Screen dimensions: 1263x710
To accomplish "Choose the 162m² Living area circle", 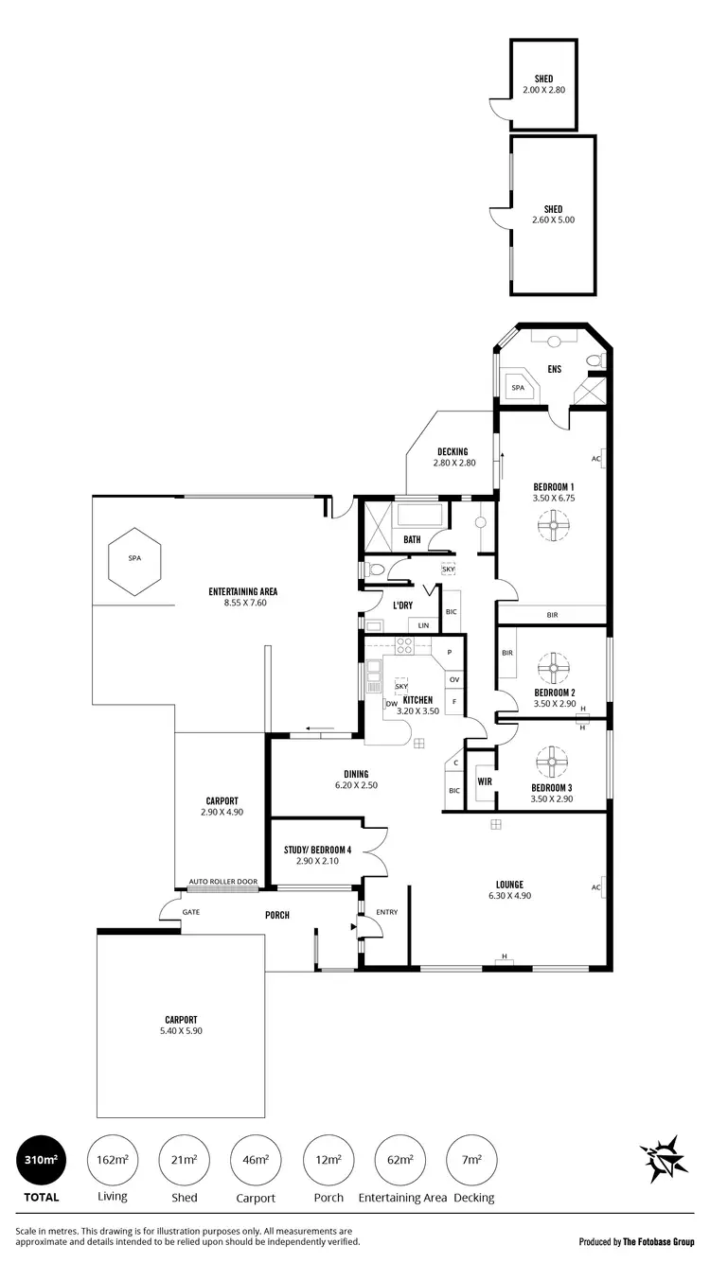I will tap(112, 1160).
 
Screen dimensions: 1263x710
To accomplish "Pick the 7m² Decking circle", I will tap(471, 1160).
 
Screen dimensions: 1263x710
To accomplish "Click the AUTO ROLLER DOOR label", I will tap(222, 882).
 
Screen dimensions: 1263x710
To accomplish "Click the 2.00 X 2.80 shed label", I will tap(543, 90).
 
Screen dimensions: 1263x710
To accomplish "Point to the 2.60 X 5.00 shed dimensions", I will tap(553, 220).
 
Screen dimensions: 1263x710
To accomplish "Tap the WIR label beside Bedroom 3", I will tap(484, 781).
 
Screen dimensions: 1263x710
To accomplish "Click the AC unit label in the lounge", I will tap(595, 886).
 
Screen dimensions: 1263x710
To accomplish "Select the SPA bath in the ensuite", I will tap(518, 387).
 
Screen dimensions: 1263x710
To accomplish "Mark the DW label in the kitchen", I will tap(390, 703).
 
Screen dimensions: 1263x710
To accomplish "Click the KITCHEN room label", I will tap(417, 700).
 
